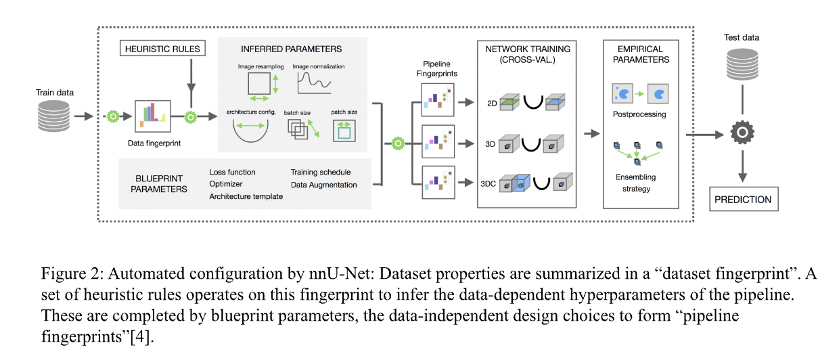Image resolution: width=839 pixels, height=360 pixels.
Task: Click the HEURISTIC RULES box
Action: [x=162, y=48]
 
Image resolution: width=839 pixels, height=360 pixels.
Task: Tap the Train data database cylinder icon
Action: [x=53, y=116]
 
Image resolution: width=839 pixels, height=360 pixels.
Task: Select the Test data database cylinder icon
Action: [x=742, y=64]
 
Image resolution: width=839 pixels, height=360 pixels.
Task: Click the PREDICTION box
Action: [x=744, y=200]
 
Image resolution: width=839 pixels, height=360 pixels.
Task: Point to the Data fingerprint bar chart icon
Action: [x=153, y=116]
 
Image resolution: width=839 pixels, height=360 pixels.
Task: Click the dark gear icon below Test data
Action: [x=742, y=132]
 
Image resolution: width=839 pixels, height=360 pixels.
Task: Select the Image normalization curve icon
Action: [x=314, y=83]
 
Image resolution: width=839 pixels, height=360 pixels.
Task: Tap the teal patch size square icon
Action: [x=344, y=131]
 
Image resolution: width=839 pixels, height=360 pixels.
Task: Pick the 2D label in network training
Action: [x=492, y=104]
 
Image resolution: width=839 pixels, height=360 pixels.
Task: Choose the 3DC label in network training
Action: [x=488, y=184]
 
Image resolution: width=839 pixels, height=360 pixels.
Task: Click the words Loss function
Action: [x=232, y=172]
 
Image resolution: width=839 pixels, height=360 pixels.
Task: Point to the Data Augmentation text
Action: [x=323, y=185]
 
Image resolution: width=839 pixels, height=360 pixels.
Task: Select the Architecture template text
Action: [x=246, y=196]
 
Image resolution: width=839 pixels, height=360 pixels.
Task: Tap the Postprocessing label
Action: [x=639, y=114]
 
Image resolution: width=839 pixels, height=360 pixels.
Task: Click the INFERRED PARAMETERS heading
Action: [x=291, y=49]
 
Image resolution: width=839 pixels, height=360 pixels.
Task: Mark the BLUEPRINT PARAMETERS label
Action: [x=159, y=184]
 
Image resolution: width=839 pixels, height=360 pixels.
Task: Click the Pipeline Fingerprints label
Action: [x=436, y=68]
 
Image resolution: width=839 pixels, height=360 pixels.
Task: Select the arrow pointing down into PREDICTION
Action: [x=742, y=166]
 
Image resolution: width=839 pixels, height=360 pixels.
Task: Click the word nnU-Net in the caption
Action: [x=341, y=273]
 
